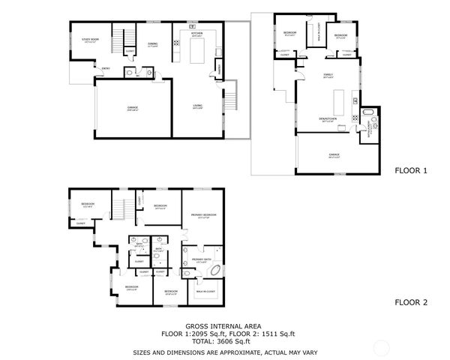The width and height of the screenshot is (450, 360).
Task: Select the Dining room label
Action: [152, 44]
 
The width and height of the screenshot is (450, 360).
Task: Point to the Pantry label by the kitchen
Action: [218, 70]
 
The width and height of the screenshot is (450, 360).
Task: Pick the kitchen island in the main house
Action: [199, 52]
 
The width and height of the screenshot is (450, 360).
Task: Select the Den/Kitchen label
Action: [328, 120]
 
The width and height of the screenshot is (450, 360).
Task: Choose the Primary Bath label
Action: [199, 260]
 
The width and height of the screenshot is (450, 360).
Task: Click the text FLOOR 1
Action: [410, 171]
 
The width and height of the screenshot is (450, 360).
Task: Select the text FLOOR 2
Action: [410, 303]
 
